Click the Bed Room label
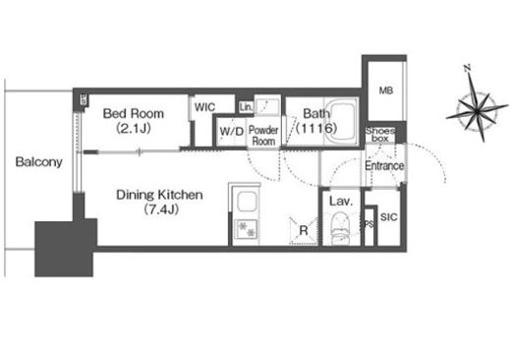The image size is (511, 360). pos(134,113)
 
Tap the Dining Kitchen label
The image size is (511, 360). pos(159,195)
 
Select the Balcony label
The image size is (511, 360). pos(39,162)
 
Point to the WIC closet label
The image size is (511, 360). pos(204,107)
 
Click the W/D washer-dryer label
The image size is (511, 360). pos(232,132)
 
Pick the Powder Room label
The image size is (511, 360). pos(263,136)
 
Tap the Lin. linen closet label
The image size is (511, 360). pos(246,107)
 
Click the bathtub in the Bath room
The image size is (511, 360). pos(341,121)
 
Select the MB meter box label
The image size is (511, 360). pos(386,90)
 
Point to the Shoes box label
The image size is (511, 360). pos(380,135)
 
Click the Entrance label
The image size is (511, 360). pos(384,165)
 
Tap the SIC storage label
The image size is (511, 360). pos(389,216)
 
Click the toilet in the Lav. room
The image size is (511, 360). pos(341,228)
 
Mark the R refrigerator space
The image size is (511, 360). pos(304,230)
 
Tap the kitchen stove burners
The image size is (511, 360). pos(247,229)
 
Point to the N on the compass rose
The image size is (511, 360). pos(468,68)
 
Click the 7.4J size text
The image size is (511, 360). pos(161,210)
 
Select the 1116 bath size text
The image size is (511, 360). pos(316,128)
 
